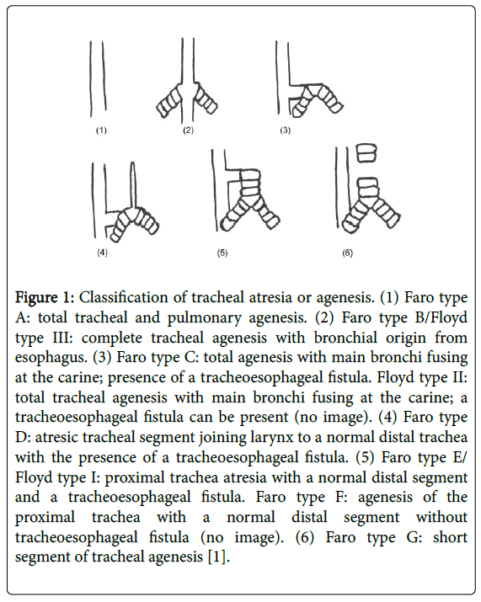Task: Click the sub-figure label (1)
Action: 101,131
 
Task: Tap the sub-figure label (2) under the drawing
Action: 188,131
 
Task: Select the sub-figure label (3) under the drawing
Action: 285,131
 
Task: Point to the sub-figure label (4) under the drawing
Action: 102,253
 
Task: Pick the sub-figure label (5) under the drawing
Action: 222,253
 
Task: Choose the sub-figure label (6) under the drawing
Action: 347,253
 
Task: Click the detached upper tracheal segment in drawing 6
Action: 367,152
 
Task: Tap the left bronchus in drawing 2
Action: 169,101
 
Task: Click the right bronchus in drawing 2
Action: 206,100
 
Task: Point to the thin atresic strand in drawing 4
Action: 132,187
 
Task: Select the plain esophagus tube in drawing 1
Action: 98,78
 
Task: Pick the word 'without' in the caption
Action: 441,517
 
